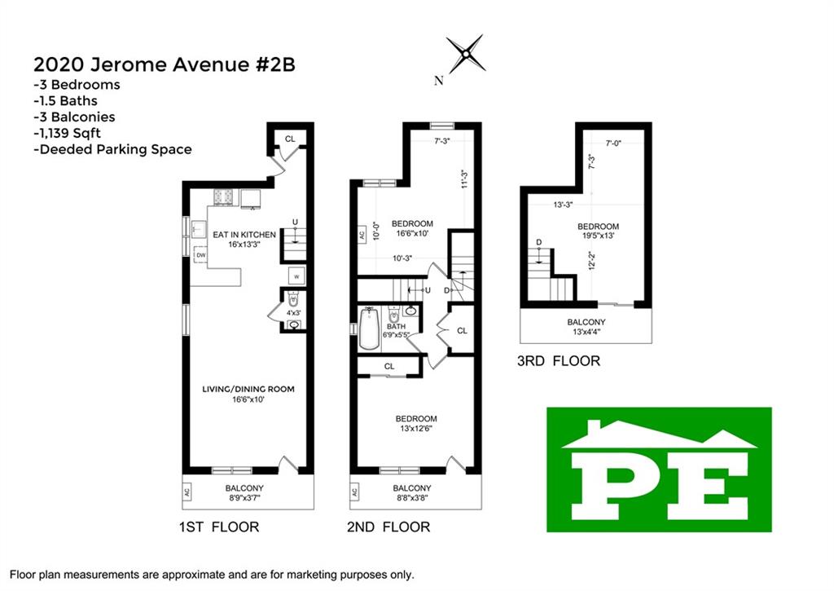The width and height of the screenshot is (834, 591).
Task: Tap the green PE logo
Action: pyautogui.click(x=659, y=470)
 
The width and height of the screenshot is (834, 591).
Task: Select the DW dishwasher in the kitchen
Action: pyautogui.click(x=200, y=256)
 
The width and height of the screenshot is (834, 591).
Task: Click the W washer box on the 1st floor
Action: pyautogui.click(x=296, y=276)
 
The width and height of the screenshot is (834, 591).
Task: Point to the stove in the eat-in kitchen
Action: pyautogui.click(x=224, y=197)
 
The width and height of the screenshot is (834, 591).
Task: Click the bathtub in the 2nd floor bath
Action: pyautogui.click(x=369, y=328)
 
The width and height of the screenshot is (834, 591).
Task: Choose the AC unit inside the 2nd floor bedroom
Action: pyautogui.click(x=362, y=234)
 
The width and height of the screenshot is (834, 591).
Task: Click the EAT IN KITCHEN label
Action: pyautogui.click(x=244, y=234)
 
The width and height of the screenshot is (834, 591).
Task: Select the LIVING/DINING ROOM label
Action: pyautogui.click(x=248, y=389)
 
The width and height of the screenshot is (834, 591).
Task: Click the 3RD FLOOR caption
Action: pyautogui.click(x=559, y=361)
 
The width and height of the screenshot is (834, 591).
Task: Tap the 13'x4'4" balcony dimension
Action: pyautogui.click(x=586, y=332)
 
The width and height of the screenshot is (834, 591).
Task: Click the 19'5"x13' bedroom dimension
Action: pyautogui.click(x=599, y=236)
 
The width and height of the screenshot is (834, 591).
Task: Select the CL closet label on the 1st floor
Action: pyautogui.click(x=290, y=139)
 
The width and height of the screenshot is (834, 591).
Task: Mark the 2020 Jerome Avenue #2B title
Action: pyautogui.click(x=165, y=64)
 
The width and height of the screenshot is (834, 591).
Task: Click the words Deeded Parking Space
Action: pyautogui.click(x=116, y=149)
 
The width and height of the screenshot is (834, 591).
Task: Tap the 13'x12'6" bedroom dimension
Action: pyautogui.click(x=416, y=428)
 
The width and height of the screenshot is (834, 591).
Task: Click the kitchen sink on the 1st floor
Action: pyautogui.click(x=199, y=230)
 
